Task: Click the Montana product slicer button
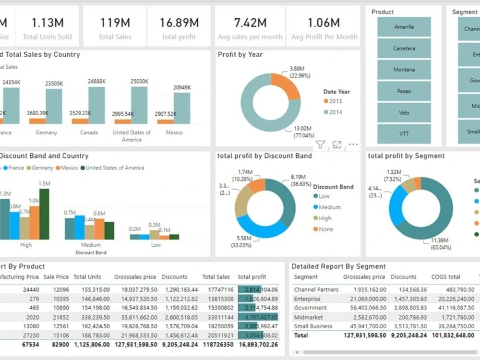click(404, 70)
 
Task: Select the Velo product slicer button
click(404, 112)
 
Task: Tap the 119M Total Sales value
click(115, 23)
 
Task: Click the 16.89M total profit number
click(179, 23)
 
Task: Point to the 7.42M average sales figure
click(250, 23)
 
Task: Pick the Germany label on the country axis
click(46, 132)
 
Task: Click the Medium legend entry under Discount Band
click(329, 207)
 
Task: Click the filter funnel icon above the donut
click(321, 144)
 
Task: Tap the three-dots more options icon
click(353, 144)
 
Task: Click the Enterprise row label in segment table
click(307, 299)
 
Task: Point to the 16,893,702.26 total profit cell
click(258, 344)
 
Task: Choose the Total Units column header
click(87, 277)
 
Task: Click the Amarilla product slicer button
click(404, 27)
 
